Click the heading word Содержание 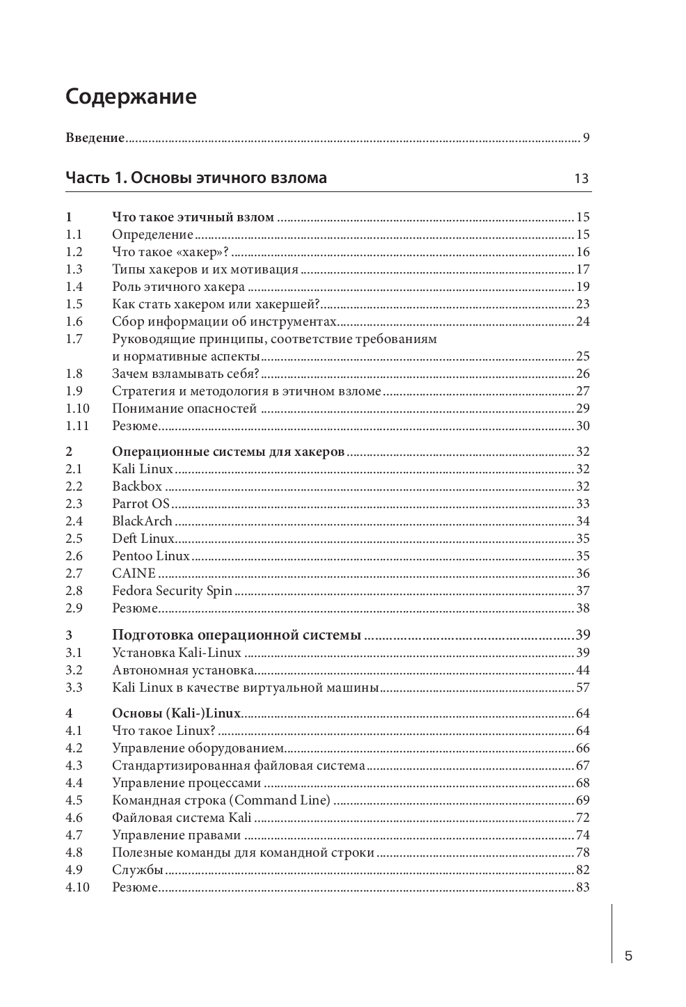pyautogui.click(x=131, y=96)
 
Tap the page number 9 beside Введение pyautogui.click(x=587, y=137)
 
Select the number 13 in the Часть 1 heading pyautogui.click(x=581, y=179)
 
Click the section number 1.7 pyautogui.click(x=74, y=339)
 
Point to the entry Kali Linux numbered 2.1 pyautogui.click(x=143, y=469)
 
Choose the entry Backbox pyautogui.click(x=137, y=486)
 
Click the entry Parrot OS pyautogui.click(x=141, y=504)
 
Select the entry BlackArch pyautogui.click(x=142, y=521)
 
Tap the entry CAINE pyautogui.click(x=134, y=573)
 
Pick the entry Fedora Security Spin pyautogui.click(x=172, y=591)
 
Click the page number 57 pyautogui.click(x=582, y=688)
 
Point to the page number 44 pyautogui.click(x=582, y=670)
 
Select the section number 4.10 pyautogui.click(x=78, y=887)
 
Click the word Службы pyautogui.click(x=138, y=870)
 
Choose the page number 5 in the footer pyautogui.click(x=629, y=956)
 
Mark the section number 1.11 pyautogui.click(x=77, y=426)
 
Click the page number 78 pyautogui.click(x=582, y=853)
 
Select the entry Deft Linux pyautogui.click(x=143, y=539)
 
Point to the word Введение pyautogui.click(x=95, y=137)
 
